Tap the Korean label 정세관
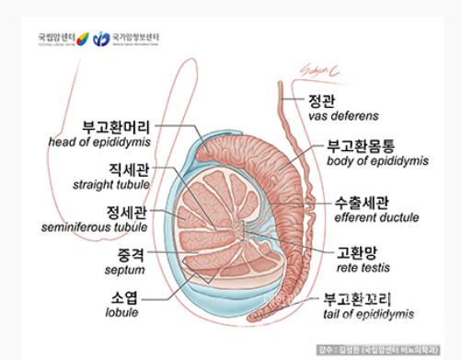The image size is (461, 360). pyautogui.click(x=128, y=211)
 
